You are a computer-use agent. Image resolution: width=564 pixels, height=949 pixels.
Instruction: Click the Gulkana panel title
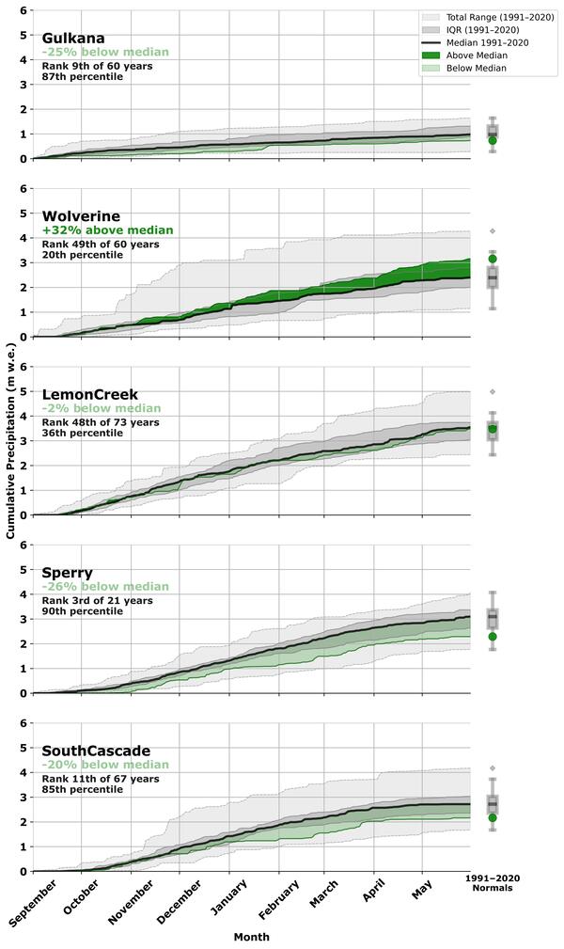click(73, 38)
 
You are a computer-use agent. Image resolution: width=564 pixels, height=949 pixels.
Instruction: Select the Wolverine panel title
click(81, 216)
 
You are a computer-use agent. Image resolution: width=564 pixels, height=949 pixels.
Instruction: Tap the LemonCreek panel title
click(90, 394)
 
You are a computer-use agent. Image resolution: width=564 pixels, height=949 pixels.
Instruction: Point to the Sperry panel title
click(68, 572)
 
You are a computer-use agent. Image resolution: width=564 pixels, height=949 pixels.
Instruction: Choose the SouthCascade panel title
click(96, 751)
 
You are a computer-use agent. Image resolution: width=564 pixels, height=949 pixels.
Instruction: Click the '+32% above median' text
click(108, 230)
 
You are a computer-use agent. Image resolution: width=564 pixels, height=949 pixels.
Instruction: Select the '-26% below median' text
click(105, 587)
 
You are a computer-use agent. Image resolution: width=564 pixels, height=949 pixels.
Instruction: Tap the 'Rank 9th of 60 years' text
click(97, 66)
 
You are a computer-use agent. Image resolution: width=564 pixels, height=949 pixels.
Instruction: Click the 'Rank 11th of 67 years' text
click(100, 779)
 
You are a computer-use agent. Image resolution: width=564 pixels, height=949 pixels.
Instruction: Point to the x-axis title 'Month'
click(251, 937)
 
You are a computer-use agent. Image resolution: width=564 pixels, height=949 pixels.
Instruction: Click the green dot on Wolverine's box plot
click(493, 259)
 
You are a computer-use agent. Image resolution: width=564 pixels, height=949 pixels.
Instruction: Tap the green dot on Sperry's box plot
click(493, 637)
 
